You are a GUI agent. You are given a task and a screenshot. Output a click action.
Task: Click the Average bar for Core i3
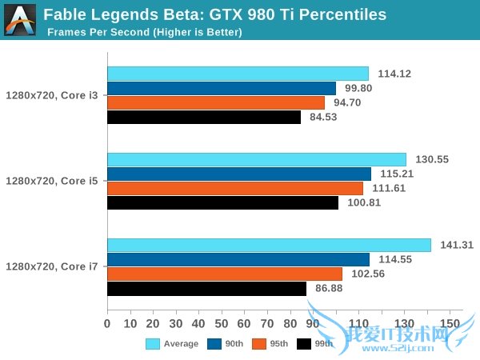click(238, 74)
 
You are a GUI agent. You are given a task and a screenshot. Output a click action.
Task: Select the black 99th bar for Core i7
click(206, 288)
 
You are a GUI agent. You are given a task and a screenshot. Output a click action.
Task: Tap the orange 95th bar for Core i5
click(234, 188)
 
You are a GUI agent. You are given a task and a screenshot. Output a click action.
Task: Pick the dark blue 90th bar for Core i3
click(222, 88)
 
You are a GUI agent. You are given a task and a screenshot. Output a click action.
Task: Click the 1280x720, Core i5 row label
click(52, 181)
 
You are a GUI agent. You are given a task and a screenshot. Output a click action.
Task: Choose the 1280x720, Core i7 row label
click(52, 266)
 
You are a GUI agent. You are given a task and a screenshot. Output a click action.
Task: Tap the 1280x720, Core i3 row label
click(52, 95)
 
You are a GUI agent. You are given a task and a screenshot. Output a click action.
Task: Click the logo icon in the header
click(19, 19)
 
